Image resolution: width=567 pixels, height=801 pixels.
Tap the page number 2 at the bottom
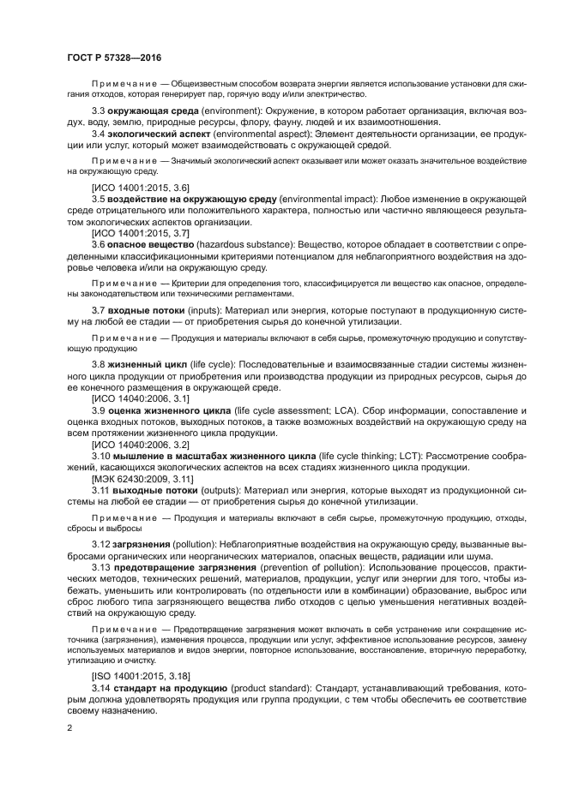pyautogui.click(x=69, y=728)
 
